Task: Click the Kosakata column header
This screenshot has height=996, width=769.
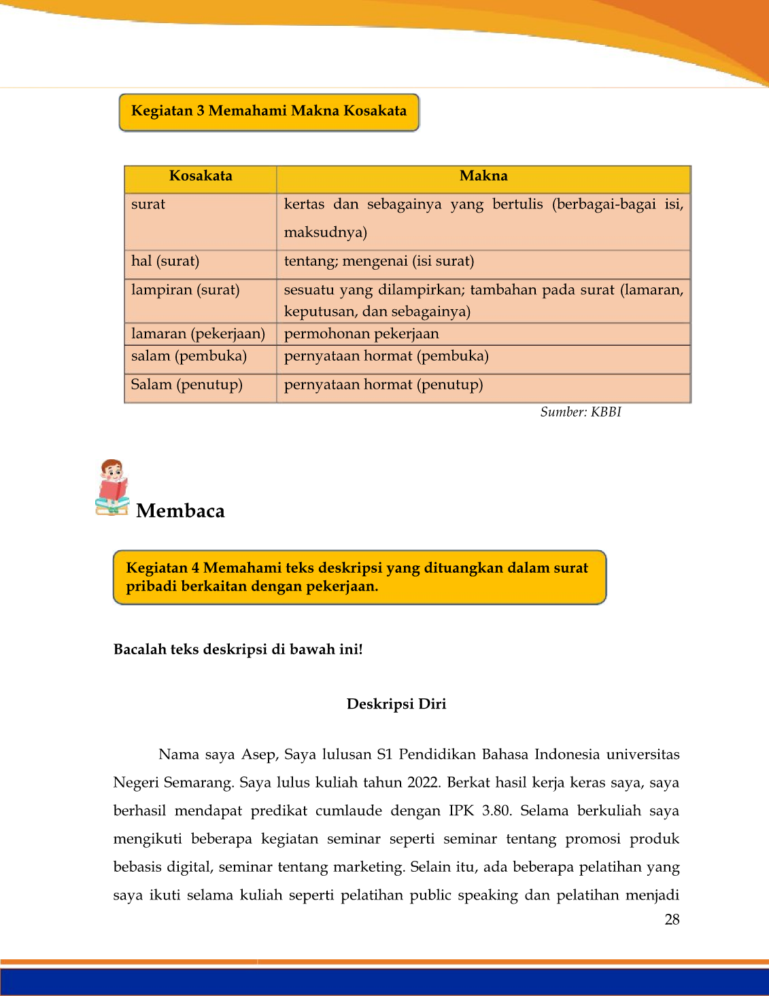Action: coord(201,177)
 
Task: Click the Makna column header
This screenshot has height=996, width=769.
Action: coord(483,177)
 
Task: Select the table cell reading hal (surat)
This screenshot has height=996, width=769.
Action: coord(165,262)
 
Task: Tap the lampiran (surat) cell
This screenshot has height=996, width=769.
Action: coord(185,290)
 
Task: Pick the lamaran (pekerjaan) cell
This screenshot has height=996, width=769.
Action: coord(198,334)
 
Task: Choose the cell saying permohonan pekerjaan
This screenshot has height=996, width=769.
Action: coord(361,334)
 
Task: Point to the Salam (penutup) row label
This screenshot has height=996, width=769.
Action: coord(186,385)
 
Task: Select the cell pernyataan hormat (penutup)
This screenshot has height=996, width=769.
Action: coord(383,385)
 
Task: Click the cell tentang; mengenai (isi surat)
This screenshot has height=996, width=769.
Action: coord(379,262)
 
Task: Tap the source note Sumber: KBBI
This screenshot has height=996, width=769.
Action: coord(581,412)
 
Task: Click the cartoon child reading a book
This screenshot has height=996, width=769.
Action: coord(112,487)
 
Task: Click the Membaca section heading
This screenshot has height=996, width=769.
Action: coord(180,511)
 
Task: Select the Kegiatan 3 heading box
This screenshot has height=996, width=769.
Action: coord(269,111)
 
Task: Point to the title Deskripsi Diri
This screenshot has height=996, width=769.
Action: coord(396,704)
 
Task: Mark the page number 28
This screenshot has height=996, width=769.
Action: coord(672,920)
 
